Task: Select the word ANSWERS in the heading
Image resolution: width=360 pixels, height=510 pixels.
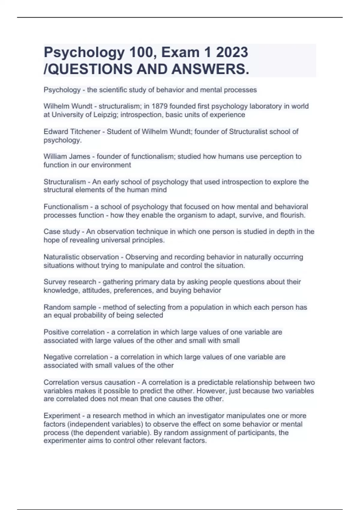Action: [210, 69]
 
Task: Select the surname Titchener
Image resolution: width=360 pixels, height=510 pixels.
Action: [85, 131]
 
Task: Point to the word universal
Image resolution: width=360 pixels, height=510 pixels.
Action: [115, 240]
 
